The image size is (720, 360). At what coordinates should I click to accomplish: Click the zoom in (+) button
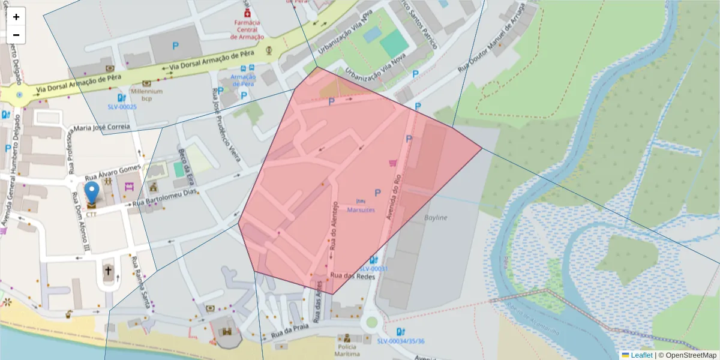[16, 17]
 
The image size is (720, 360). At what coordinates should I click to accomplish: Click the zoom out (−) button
[16, 35]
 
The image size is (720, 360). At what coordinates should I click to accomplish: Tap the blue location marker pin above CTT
[92, 193]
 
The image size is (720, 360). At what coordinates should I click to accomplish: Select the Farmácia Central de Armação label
[247, 29]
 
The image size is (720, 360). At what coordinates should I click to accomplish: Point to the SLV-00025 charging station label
[122, 107]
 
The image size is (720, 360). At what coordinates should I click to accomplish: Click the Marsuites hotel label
[361, 210]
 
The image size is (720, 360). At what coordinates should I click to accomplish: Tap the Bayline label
[436, 217]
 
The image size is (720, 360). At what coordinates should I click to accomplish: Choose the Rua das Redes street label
[352, 276]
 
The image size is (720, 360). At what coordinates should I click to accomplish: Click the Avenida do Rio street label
[394, 196]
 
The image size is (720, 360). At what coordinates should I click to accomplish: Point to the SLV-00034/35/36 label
[401, 341]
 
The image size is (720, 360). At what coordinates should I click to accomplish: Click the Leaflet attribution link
[641, 355]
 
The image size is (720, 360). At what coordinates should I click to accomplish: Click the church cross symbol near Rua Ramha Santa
[108, 271]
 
